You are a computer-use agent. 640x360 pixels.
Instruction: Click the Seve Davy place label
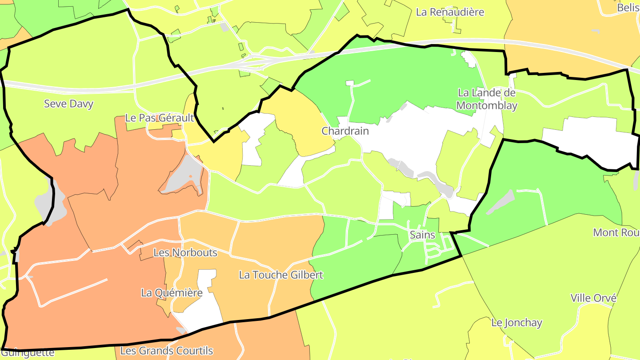coord(68,104)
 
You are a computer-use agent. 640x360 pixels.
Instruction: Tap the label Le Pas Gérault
coord(160,118)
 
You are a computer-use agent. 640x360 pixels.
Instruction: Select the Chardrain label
coord(345,131)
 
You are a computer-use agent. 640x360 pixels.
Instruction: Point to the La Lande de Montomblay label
coord(487,99)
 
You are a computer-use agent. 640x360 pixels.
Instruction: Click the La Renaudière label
coord(450,12)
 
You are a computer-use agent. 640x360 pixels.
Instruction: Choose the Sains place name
coord(422,235)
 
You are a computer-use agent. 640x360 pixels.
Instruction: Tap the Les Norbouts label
coord(185,252)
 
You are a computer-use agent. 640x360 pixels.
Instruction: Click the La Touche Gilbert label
coord(281,275)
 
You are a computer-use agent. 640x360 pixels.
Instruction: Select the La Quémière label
coord(172,292)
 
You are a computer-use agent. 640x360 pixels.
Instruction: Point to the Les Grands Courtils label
coord(167,351)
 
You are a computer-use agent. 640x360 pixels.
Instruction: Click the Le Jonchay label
coord(516,323)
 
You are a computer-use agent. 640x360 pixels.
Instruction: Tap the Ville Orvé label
coord(593,298)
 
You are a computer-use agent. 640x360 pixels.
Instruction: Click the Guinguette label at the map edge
coord(28,353)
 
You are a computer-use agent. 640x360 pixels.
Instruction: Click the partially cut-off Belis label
coord(628,8)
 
